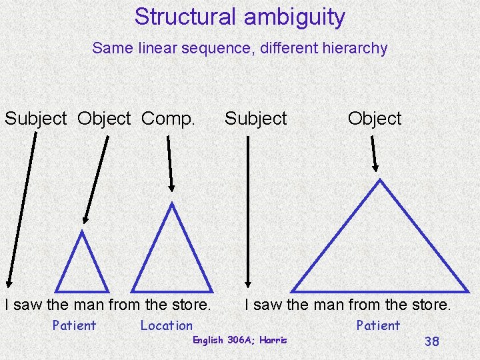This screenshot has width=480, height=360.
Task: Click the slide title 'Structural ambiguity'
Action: (x=239, y=17)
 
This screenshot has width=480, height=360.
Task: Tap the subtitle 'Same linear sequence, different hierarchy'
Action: (x=239, y=48)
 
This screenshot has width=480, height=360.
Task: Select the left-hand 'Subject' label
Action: (x=36, y=119)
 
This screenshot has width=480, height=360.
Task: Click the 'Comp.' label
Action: (x=169, y=119)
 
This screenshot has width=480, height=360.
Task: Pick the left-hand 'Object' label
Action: (x=104, y=119)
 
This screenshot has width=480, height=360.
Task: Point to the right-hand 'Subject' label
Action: (x=255, y=119)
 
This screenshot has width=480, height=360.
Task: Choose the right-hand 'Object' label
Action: (x=375, y=119)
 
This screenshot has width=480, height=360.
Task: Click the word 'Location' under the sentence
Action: (x=166, y=326)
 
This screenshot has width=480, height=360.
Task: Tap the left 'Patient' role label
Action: (x=74, y=326)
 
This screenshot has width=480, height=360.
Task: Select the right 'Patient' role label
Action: (x=378, y=326)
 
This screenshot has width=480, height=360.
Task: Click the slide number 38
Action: (x=431, y=341)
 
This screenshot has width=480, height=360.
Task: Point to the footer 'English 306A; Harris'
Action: (x=239, y=340)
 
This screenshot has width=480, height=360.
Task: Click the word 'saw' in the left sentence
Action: (x=27, y=305)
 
